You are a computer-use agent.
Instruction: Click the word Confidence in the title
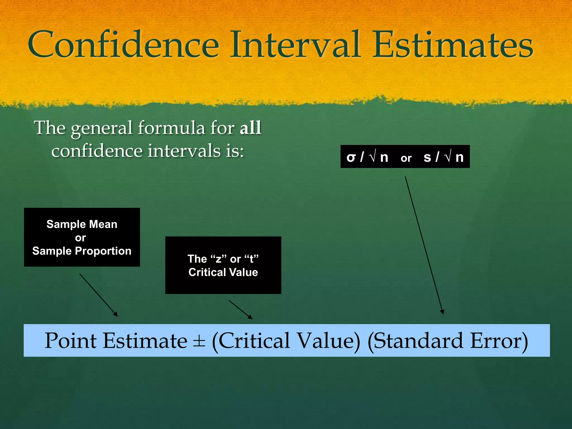point(123,45)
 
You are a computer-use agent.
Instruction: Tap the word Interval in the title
point(295,45)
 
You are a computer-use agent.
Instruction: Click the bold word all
point(251,128)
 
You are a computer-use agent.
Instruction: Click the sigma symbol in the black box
point(351,157)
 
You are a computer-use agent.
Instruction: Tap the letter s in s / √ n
point(427,157)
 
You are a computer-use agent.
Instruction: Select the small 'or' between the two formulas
point(406,158)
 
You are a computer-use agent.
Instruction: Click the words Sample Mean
point(82,224)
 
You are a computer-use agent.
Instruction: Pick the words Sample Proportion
point(82,251)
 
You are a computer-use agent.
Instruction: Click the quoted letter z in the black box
point(218,259)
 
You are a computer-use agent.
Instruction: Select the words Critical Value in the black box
point(223,272)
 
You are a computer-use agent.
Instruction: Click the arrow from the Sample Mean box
point(98,295)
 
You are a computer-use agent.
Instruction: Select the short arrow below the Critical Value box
point(240,309)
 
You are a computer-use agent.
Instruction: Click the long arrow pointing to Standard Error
point(424,245)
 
